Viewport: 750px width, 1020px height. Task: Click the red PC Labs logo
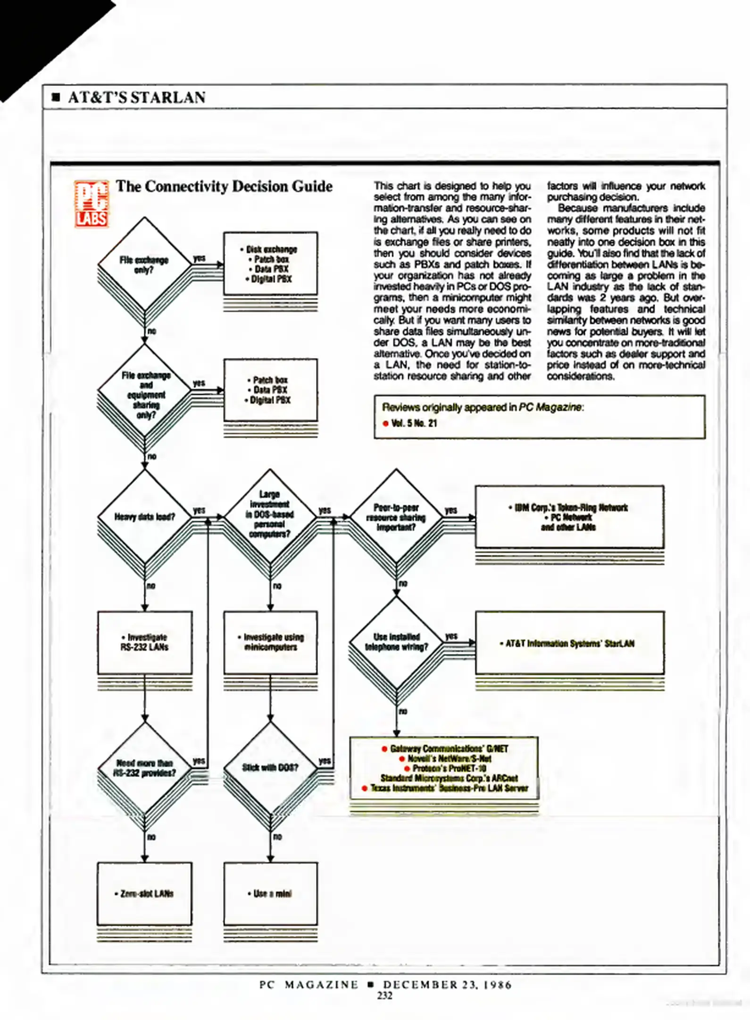92,204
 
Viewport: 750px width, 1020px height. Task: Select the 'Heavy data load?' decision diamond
144,517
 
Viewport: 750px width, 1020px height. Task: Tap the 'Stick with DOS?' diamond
270,768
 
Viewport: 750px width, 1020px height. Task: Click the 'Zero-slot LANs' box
144,893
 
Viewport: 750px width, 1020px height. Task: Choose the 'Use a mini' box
270,893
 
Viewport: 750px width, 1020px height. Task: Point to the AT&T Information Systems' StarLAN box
569,643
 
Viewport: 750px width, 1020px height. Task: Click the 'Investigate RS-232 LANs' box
144,642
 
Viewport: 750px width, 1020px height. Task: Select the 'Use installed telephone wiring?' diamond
396,642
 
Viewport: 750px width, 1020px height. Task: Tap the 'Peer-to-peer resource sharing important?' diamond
396,517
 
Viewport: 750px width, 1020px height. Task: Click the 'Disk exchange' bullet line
270,249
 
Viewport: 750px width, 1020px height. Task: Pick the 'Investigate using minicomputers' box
270,642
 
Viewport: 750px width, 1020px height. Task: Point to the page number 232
385,996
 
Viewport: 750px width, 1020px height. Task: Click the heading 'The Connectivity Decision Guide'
224,187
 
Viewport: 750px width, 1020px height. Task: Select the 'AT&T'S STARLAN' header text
137,98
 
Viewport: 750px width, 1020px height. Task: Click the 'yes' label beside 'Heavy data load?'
199,510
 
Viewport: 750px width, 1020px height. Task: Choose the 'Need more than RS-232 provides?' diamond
144,768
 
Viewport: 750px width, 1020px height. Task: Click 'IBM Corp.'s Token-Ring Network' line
569,508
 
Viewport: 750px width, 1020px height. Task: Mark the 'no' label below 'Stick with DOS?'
277,837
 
